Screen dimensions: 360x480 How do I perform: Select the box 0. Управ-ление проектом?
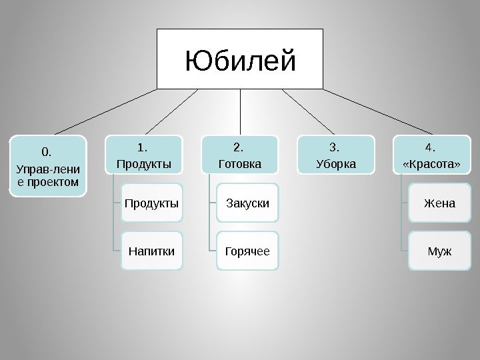(x=48, y=166)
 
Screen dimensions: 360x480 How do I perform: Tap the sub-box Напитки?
(x=152, y=251)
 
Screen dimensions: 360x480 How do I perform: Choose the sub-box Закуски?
(x=248, y=203)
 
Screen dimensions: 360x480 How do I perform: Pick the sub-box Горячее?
(x=248, y=251)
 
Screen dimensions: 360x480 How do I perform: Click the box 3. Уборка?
(x=336, y=155)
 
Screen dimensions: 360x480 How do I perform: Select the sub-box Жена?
(x=439, y=203)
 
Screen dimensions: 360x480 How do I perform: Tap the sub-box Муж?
(x=439, y=251)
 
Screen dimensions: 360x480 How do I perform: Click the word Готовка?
(x=240, y=163)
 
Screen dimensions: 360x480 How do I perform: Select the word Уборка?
(x=336, y=163)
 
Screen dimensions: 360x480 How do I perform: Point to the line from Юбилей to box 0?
(x=100, y=111)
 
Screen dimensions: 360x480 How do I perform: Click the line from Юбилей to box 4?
(x=380, y=111)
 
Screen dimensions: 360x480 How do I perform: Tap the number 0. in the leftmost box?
(x=47, y=151)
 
